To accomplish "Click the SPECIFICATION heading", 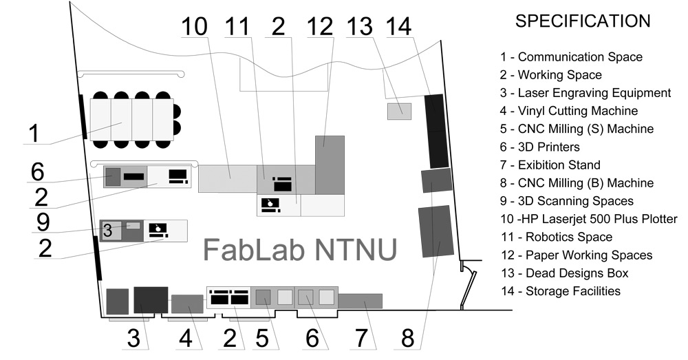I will coord(583,21).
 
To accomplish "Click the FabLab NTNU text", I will coord(300,249).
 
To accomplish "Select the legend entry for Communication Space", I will coord(571,57).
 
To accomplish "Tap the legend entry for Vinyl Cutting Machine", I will coord(568,111).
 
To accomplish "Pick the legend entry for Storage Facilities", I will coord(560,291).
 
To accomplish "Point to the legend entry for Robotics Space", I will coord(556,237).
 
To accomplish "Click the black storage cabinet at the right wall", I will coord(436,131).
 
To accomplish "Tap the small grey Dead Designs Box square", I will coord(399,111).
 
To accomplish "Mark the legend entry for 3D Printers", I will coord(540,147).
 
